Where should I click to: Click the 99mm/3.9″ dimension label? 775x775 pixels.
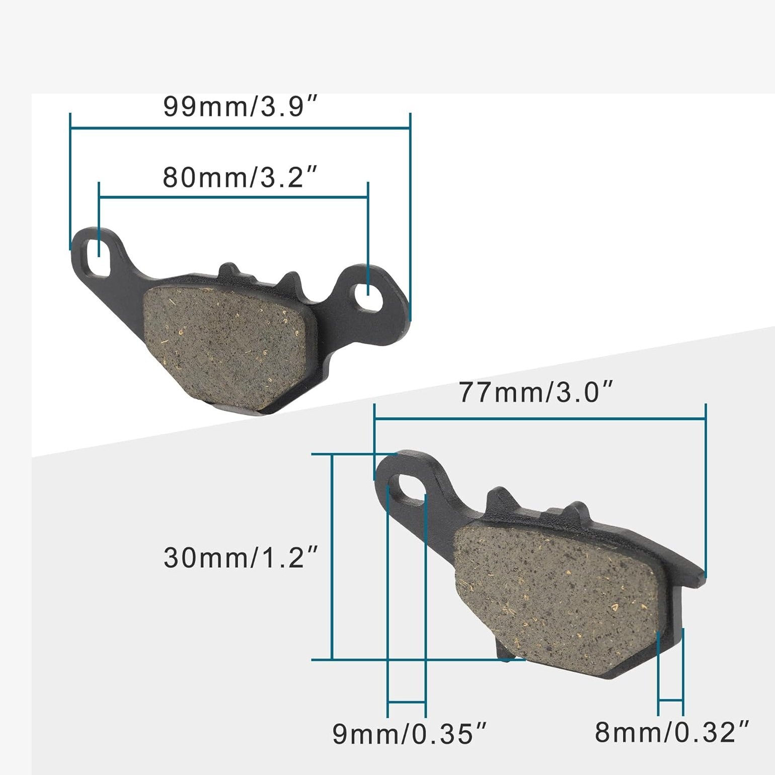241,107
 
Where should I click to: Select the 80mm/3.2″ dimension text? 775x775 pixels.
240,178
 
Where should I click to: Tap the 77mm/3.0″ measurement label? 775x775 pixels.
536,393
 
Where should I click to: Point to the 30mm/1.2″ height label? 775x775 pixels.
241,558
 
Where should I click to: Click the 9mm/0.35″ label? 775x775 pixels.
410,734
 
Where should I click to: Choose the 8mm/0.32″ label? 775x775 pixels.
672,732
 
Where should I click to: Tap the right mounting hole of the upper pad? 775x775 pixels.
368,293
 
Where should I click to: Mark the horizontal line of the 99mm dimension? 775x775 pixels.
240,128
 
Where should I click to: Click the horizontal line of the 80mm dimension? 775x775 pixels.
234,198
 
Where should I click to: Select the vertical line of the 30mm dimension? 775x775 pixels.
332,556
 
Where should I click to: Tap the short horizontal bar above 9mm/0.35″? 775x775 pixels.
407,701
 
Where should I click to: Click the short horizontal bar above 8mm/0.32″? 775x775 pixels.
670,700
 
